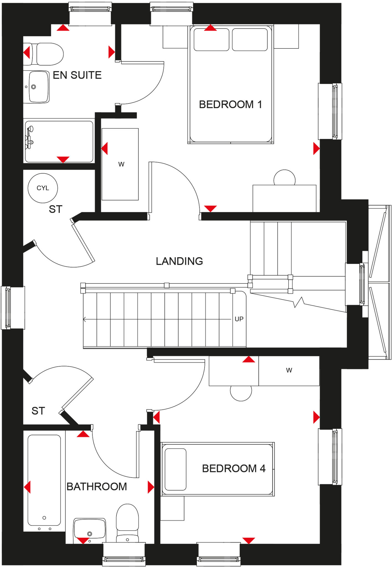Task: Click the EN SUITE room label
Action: (77, 75)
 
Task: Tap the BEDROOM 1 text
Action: (230, 104)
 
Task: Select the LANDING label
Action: (179, 261)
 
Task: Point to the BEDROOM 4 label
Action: (233, 468)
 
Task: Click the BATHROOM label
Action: (96, 486)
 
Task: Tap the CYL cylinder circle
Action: (43, 188)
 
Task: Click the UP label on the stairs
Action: (239, 319)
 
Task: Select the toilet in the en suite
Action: (47, 54)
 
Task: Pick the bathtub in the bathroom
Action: (44, 480)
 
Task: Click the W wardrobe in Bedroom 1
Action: (120, 164)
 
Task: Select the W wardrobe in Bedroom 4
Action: (289, 370)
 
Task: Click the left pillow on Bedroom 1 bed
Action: (211, 40)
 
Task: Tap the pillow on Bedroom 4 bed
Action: (175, 469)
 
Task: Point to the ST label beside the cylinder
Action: (55, 209)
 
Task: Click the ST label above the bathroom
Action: (38, 411)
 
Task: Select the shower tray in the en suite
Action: (59, 141)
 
